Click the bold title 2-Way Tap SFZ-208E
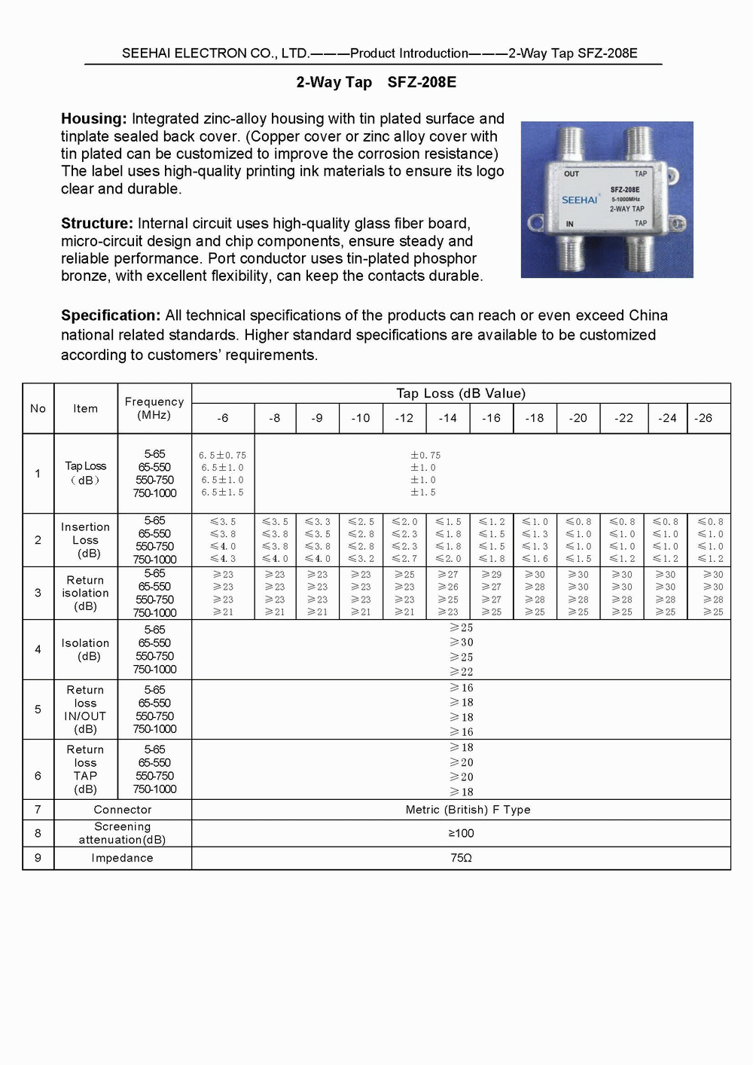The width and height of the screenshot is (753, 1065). (376, 82)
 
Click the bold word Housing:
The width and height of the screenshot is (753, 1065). (94, 119)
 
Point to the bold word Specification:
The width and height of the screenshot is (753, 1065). (111, 316)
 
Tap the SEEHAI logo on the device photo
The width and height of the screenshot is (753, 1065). (579, 200)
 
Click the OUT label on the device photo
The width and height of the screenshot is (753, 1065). (572, 174)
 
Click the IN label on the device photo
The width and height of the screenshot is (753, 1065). (570, 224)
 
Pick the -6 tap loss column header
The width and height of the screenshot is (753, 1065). (223, 418)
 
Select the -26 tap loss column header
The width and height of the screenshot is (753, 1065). (703, 418)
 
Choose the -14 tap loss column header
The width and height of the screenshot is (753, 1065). (448, 418)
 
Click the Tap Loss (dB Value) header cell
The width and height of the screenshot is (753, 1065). (461, 393)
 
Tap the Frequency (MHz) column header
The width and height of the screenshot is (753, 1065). (154, 408)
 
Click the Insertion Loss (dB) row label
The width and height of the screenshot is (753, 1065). (86, 540)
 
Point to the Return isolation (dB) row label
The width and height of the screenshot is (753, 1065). (86, 593)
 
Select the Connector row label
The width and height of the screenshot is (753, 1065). (123, 810)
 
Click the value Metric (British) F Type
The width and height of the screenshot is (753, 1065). (468, 810)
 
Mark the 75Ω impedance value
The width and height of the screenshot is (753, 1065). (461, 858)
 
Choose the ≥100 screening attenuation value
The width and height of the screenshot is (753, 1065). (461, 833)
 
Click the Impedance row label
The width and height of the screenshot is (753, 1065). (122, 858)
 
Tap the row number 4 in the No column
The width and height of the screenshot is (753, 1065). (38, 649)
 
